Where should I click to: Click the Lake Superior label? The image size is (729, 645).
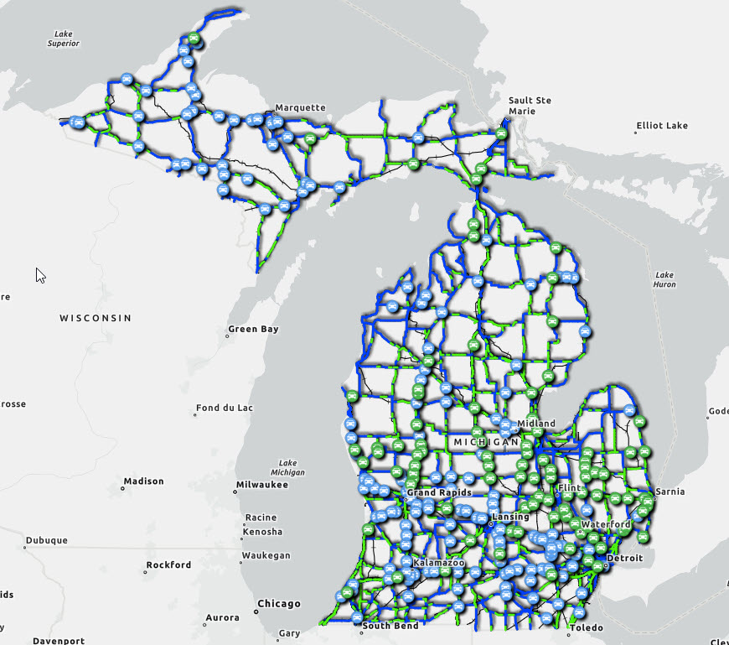[x=63, y=38]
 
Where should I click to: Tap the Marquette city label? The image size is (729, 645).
[x=300, y=107]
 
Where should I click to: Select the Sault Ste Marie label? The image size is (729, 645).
[x=530, y=106]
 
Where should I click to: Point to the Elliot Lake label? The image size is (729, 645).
[x=662, y=126]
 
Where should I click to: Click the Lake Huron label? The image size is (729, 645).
[x=664, y=279]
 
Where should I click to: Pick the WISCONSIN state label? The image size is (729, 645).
[x=96, y=318]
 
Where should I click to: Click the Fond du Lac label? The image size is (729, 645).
[x=224, y=408]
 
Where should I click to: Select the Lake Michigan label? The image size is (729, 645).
[x=287, y=467]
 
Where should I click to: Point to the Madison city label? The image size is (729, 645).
[x=143, y=481]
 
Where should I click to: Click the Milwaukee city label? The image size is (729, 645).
[x=261, y=485]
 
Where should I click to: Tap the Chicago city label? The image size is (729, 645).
[x=279, y=604]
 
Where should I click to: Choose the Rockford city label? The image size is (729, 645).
[x=168, y=565]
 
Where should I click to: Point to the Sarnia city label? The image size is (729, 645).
[x=671, y=492]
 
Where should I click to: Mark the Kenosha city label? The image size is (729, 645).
[x=261, y=532]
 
